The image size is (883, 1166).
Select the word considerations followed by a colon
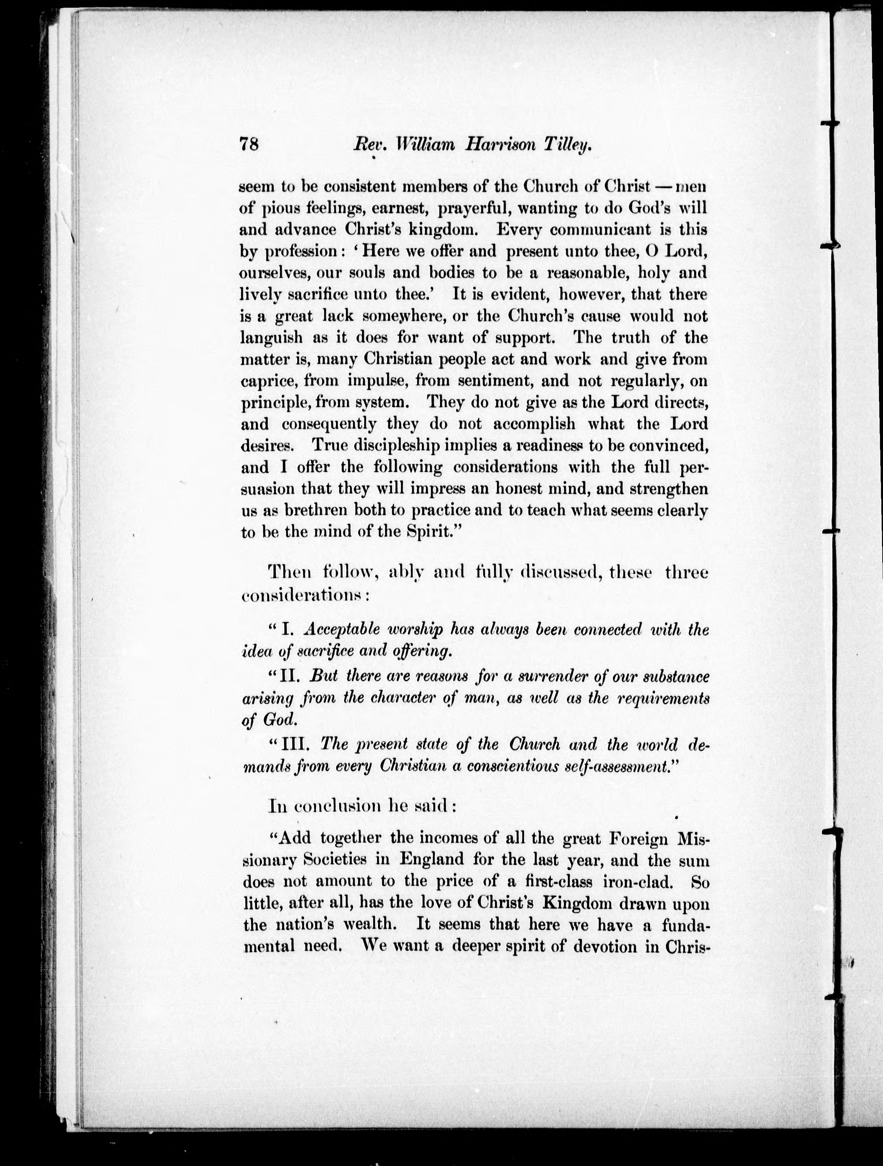(x=303, y=596)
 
